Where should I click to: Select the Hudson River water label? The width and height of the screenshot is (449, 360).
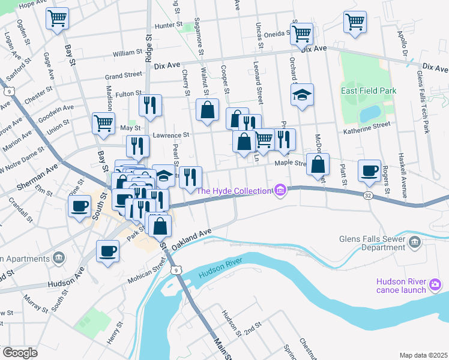220,270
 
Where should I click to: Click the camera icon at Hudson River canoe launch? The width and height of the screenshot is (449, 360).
435,283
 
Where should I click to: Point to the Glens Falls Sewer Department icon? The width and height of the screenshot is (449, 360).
414,242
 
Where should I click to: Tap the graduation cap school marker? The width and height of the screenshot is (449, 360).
302,95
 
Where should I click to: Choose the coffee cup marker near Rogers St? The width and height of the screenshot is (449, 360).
369,170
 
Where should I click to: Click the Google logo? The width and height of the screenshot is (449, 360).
19,353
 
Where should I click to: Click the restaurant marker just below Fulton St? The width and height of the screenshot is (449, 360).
149,104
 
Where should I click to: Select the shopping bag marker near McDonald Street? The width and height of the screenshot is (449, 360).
318,164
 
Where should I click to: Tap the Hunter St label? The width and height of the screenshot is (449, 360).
167,25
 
